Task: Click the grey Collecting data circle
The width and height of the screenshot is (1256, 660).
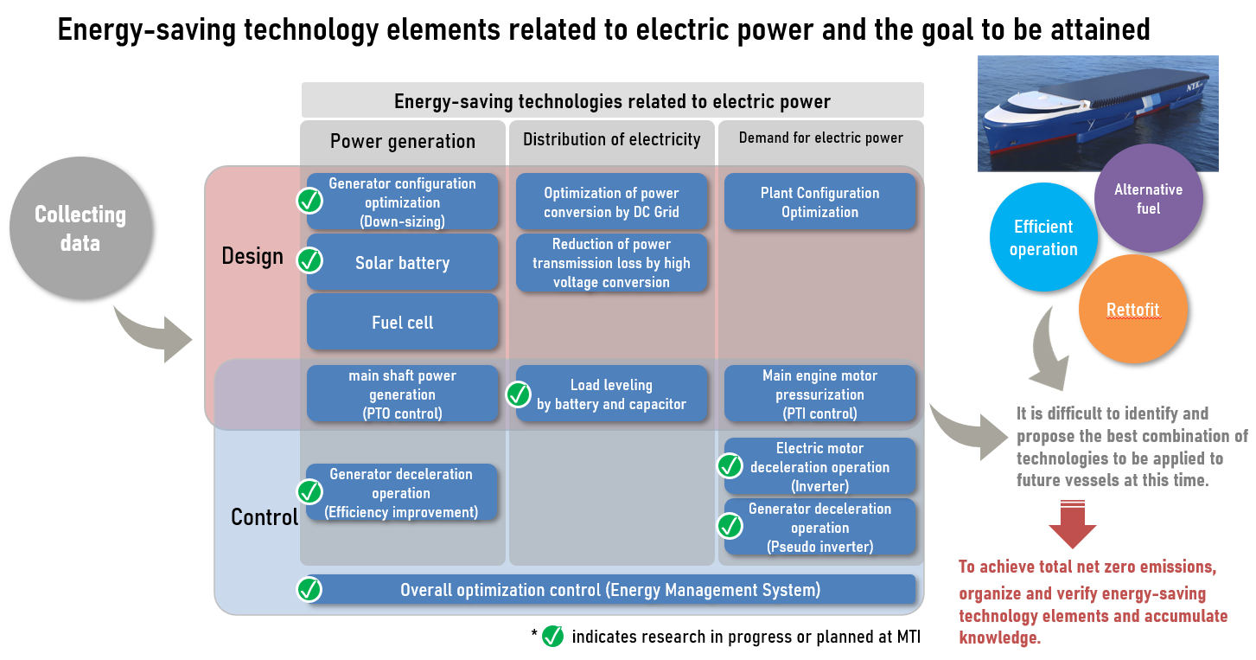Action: tap(80, 227)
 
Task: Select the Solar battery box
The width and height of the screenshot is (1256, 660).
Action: tap(402, 262)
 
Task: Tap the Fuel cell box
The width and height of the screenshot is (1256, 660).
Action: tap(402, 322)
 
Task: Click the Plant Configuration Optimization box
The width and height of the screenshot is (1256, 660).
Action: tap(819, 202)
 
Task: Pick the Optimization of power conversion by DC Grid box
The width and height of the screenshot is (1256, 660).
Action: tap(611, 202)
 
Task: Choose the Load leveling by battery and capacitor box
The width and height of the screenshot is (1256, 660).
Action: tap(611, 394)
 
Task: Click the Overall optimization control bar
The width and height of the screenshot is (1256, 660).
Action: tap(610, 589)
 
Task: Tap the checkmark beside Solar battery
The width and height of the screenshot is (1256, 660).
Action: tap(309, 260)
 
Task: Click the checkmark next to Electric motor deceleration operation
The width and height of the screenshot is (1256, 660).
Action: tap(730, 466)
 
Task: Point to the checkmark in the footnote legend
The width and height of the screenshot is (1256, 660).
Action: tap(553, 637)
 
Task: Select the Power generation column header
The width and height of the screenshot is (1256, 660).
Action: tap(403, 142)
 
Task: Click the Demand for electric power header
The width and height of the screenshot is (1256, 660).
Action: tap(821, 138)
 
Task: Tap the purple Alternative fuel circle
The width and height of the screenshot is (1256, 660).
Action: tap(1148, 198)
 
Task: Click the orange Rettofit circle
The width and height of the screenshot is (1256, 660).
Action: tap(1133, 309)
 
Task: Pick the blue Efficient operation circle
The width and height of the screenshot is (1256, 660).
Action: tap(1043, 237)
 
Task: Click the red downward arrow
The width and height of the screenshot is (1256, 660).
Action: tap(1073, 524)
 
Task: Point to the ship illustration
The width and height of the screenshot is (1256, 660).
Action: tap(1098, 113)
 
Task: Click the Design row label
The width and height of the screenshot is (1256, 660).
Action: tap(252, 257)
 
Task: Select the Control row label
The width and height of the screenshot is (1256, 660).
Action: tap(265, 517)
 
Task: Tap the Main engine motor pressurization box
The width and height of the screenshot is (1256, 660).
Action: tap(819, 394)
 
